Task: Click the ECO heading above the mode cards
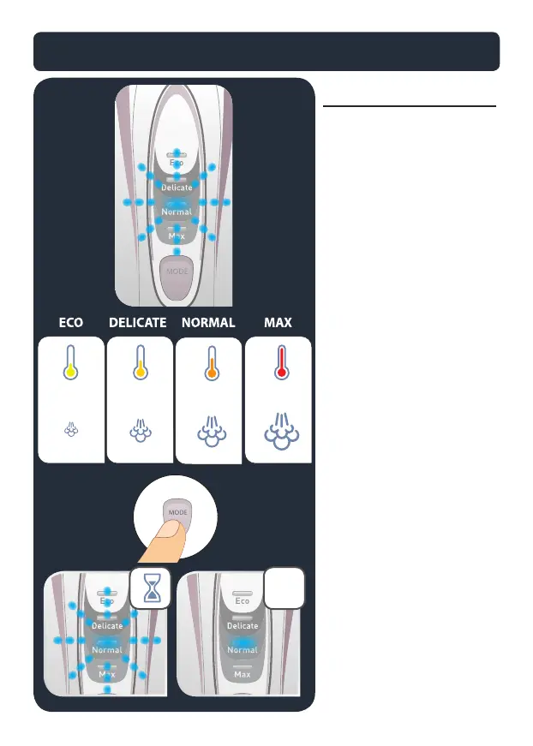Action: [x=71, y=323]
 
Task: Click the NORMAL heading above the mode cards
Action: [x=209, y=323]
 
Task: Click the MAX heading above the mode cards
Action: [x=278, y=323]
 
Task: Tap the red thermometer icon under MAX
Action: [x=279, y=364]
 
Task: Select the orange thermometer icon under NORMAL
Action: [x=208, y=364]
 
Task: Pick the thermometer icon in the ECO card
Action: [x=70, y=364]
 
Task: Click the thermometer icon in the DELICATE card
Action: [x=140, y=364]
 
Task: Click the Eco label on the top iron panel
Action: [x=176, y=162]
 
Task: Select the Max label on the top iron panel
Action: [x=176, y=235]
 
